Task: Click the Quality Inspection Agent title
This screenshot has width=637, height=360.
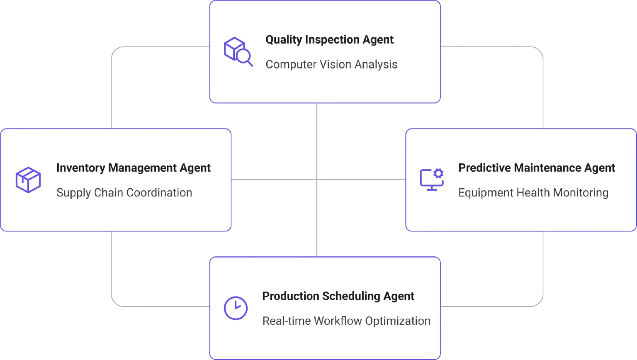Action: coord(329,40)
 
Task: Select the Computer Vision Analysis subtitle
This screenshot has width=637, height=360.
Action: coord(331,65)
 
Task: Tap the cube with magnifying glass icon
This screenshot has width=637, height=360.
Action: coord(238,52)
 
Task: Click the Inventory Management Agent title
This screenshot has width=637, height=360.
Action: coord(134,168)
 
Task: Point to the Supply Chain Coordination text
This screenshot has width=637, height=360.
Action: coord(124,193)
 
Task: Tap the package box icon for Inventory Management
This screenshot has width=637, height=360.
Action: coord(28,180)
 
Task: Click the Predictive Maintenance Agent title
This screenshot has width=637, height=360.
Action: coord(537,168)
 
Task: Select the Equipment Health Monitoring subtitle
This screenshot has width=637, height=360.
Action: coord(533,193)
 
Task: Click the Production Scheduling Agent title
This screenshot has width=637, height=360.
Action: coord(338,296)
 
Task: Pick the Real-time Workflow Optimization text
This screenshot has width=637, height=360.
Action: coord(346,321)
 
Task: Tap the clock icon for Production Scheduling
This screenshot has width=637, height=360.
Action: coord(236,308)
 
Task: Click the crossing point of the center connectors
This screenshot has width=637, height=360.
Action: coord(317,180)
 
